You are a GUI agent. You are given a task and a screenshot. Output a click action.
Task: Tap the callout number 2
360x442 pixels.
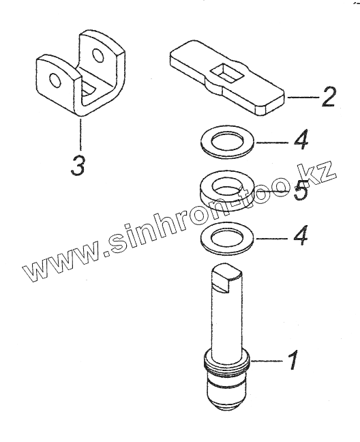point(329,97)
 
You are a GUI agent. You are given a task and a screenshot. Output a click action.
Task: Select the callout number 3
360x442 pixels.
point(78,165)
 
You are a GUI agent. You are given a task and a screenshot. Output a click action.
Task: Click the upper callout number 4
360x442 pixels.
point(301,140)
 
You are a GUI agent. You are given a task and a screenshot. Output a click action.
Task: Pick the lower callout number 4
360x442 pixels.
point(301,235)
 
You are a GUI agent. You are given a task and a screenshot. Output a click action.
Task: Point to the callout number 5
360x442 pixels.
point(300,190)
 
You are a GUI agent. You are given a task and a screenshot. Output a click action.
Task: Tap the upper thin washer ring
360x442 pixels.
point(227,142)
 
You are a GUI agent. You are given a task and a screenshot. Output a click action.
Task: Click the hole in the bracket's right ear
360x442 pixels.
point(97,55)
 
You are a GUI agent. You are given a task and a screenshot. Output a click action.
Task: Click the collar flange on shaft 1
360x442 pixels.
point(226,362)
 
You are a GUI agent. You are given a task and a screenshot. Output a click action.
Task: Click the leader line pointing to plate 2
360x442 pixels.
point(303,98)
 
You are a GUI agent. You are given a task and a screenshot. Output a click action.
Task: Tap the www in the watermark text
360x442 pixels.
point(62,263)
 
